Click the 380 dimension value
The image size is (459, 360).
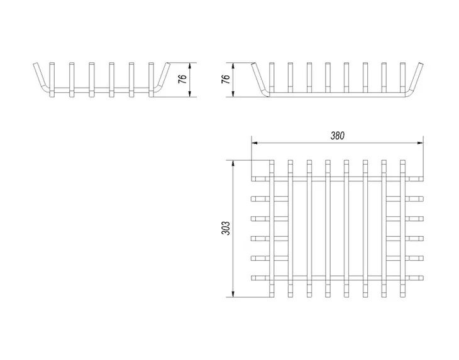click(x=338, y=136)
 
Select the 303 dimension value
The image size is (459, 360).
click(x=226, y=228)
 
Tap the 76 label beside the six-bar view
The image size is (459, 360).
click(x=182, y=79)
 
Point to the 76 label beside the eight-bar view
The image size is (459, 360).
click(x=225, y=79)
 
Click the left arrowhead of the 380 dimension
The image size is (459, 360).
click(x=254, y=143)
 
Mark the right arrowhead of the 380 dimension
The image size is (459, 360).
click(x=421, y=143)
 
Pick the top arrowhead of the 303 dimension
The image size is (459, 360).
click(x=233, y=163)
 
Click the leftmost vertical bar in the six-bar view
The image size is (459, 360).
click(x=52, y=80)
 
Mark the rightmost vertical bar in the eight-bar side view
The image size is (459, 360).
click(x=402, y=77)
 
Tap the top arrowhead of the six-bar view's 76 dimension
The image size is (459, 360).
click(x=190, y=65)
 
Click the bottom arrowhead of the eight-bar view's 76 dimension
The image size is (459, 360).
click(x=233, y=94)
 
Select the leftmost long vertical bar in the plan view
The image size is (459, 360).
click(x=272, y=229)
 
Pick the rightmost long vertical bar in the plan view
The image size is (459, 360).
click(x=403, y=229)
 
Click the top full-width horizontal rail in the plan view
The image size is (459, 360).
click(x=338, y=179)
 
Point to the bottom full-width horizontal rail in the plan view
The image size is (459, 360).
click(x=338, y=278)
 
